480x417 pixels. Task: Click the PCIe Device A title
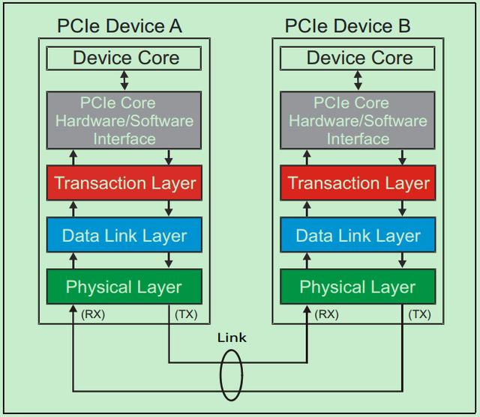coord(119,27)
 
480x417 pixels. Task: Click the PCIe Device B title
coord(347,27)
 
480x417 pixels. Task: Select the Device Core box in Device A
coord(124,58)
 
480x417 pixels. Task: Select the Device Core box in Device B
coord(358,58)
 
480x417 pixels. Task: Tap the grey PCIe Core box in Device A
coord(124,121)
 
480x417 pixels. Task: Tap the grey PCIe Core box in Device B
coord(358,121)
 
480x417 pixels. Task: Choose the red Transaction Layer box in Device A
coord(124,183)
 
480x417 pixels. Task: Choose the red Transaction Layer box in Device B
coord(358,183)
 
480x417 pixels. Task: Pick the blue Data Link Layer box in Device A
coord(124,236)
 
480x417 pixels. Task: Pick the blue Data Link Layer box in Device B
coord(358,236)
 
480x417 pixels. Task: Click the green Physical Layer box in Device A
coord(124,287)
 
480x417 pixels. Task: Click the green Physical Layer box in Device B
coord(358,287)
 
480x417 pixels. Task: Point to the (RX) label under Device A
coord(93,314)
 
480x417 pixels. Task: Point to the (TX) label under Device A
coord(185,314)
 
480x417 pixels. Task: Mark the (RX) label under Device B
coord(327,314)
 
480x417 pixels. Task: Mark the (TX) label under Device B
coord(419,314)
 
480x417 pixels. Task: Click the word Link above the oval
coord(232,338)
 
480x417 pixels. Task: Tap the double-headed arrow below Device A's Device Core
coord(124,80)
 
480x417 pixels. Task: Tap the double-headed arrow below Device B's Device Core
coord(358,80)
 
